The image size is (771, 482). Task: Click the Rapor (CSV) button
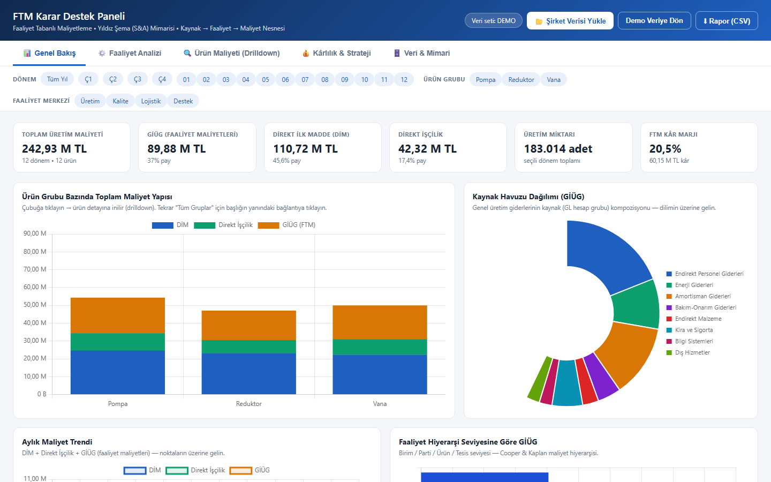click(726, 21)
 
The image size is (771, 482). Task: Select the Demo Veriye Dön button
click(654, 21)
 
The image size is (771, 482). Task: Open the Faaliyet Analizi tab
click(130, 53)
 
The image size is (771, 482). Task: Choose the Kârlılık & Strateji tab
click(337, 53)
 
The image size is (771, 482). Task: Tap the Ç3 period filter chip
click(137, 79)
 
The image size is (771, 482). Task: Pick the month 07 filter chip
click(305, 79)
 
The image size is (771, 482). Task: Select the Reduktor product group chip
click(521, 79)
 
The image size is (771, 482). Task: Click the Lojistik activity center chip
click(151, 101)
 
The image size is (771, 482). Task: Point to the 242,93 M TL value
click(55, 149)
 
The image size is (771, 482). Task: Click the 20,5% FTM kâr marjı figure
click(665, 149)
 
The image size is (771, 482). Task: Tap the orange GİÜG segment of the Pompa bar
click(118, 315)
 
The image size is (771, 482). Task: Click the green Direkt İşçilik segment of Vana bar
click(380, 347)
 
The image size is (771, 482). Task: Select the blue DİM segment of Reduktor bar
click(249, 374)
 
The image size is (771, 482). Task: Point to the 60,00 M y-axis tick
click(35, 287)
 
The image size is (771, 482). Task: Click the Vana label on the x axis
click(380, 403)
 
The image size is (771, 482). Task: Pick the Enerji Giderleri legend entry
click(690, 285)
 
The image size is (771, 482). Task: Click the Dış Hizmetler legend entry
click(688, 352)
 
